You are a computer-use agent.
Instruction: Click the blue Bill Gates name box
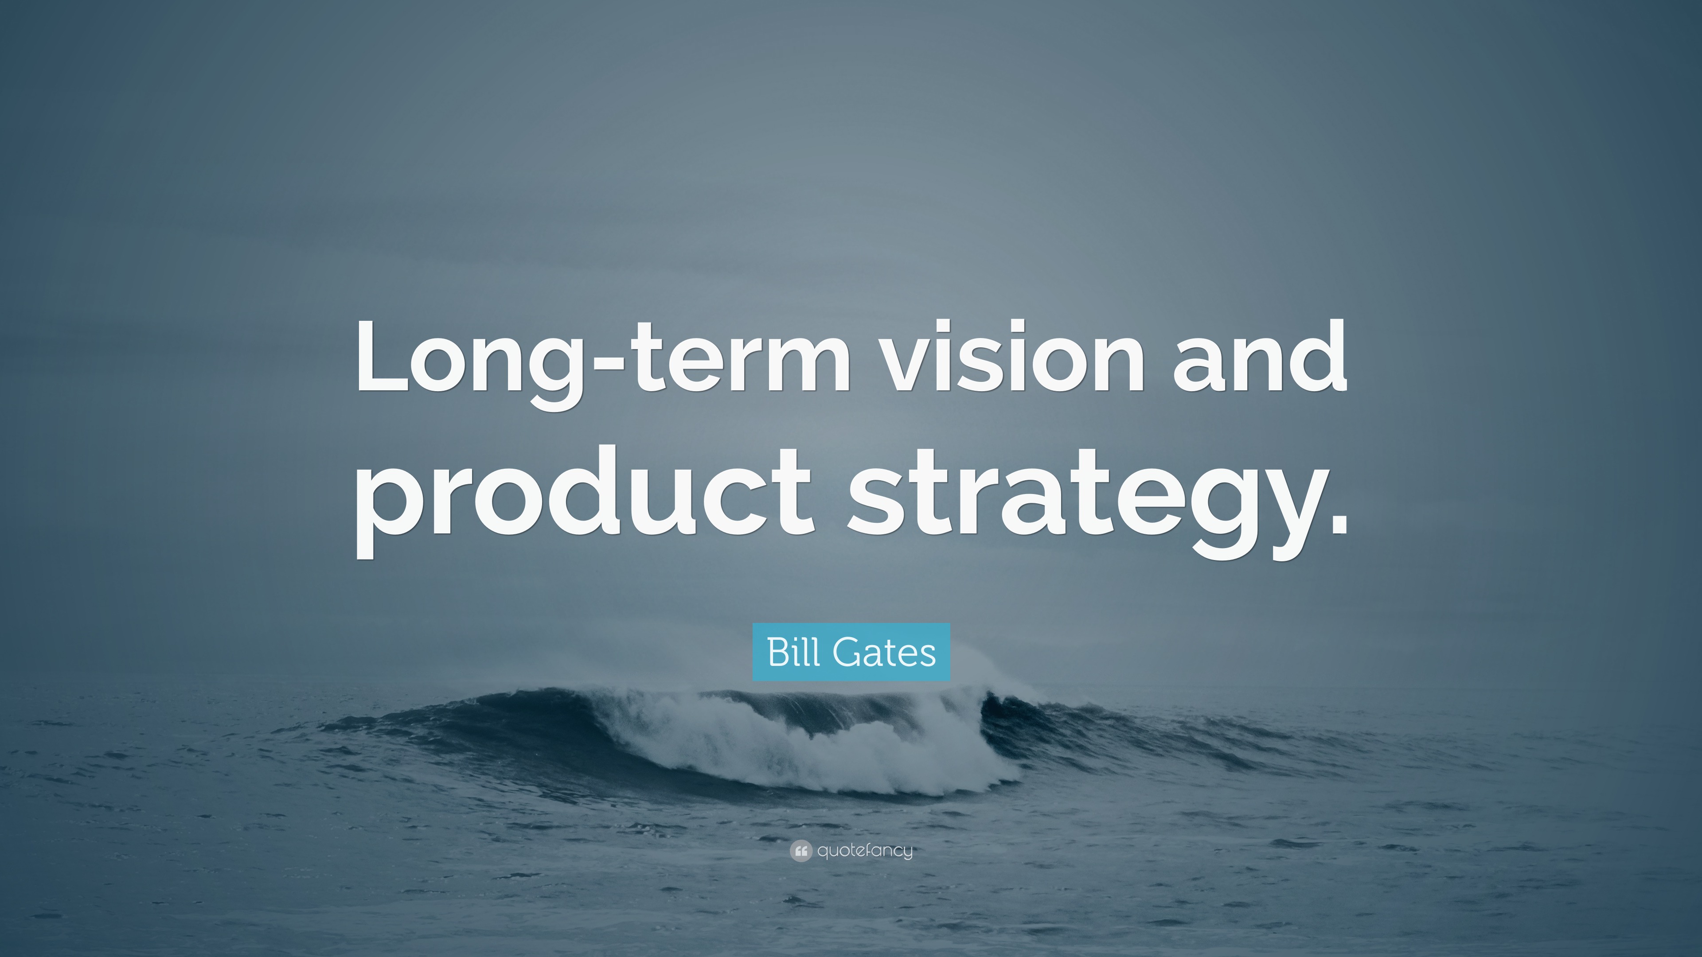point(851,652)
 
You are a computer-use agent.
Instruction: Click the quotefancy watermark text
point(865,851)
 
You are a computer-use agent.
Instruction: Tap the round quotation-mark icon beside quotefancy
point(800,851)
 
